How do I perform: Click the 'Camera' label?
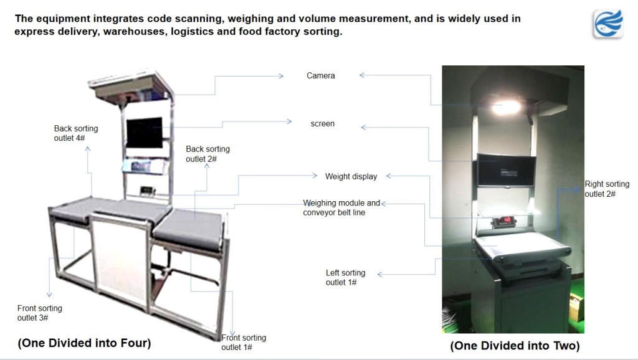click(x=321, y=76)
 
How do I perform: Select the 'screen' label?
click(x=323, y=124)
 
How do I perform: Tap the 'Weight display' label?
click(x=351, y=176)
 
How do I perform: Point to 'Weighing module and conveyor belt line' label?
click(x=341, y=208)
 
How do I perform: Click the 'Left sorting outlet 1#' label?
click(x=345, y=278)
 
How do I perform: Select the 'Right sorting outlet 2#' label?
click(x=606, y=189)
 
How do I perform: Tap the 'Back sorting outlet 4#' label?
click(x=76, y=133)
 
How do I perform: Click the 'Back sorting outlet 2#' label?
click(x=207, y=154)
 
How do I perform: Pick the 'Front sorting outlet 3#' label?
click(x=40, y=313)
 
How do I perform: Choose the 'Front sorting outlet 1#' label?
click(x=244, y=342)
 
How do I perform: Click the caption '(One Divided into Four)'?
click(x=84, y=343)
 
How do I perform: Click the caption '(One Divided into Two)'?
click(x=515, y=346)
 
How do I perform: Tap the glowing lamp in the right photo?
click(x=505, y=108)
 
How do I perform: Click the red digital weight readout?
click(x=504, y=220)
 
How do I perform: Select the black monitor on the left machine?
click(x=145, y=132)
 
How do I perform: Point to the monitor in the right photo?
click(x=505, y=170)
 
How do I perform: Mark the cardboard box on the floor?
click(x=575, y=308)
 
